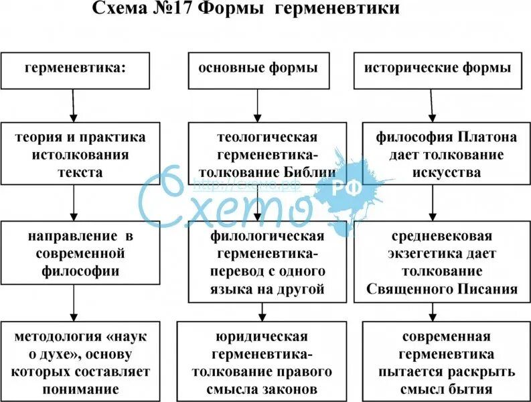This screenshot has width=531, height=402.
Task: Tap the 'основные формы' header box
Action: click(x=257, y=69)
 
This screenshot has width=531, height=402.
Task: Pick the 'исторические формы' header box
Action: click(x=439, y=69)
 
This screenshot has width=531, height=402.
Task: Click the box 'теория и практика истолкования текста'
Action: click(x=80, y=154)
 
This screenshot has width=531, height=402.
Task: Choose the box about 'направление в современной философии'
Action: click(x=80, y=255)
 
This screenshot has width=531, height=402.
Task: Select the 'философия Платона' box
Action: click(x=446, y=154)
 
